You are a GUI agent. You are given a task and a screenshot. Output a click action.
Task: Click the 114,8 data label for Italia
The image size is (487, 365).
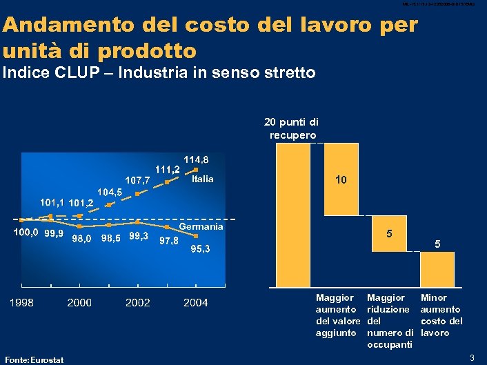pos(195,159)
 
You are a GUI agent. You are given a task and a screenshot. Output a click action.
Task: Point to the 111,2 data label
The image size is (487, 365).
pos(168,168)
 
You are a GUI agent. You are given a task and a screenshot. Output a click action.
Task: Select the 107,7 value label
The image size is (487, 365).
pos(137,180)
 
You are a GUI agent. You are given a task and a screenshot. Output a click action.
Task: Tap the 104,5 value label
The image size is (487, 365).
pos(109,192)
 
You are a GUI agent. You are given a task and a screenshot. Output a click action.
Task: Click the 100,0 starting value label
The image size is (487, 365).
pos(27,233)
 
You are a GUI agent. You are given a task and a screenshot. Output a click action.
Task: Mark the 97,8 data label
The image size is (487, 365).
pos(169,241)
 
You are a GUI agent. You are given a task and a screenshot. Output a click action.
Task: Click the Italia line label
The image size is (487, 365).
pos(203,179)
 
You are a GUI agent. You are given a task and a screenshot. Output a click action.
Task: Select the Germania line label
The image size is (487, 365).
pos(201,227)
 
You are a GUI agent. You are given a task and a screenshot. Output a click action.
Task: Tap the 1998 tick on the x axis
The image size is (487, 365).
pos(21,302)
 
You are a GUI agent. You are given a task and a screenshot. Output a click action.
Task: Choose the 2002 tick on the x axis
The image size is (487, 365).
pos(138,302)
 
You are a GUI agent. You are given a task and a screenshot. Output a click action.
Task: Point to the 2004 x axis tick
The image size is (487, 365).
pos(196,302)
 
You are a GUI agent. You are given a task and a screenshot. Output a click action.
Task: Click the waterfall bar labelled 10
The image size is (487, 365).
pos(341,179)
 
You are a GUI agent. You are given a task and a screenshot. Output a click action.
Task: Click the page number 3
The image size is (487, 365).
pos(472,357)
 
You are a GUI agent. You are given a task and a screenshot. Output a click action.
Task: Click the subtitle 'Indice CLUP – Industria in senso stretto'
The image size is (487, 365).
pos(159,72)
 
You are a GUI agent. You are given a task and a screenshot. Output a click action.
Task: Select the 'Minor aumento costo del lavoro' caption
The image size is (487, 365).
pos(441,317)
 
